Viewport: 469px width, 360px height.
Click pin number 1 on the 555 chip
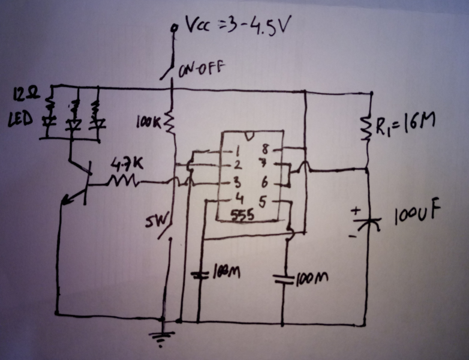point(242,150)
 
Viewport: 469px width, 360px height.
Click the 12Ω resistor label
point(24,94)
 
